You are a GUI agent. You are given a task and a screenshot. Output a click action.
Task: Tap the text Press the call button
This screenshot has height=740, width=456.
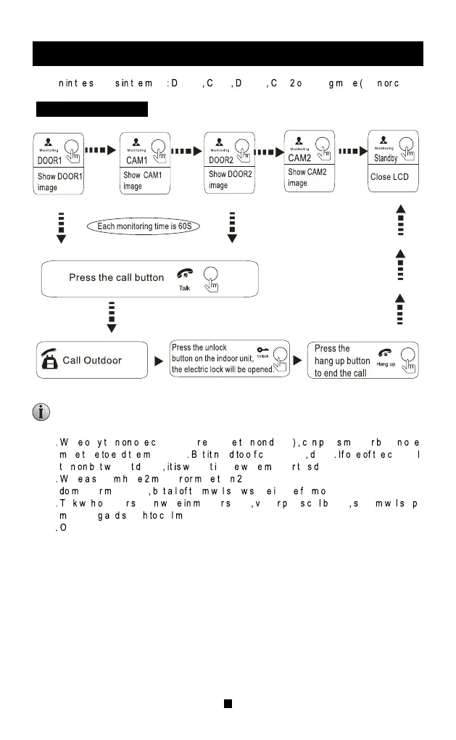(x=116, y=277)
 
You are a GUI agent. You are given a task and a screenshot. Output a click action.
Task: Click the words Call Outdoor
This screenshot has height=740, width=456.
(x=92, y=360)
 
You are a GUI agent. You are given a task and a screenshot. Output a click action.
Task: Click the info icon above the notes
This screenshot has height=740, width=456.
(x=41, y=413)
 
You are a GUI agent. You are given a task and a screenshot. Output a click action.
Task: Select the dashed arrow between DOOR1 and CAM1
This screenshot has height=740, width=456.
(x=101, y=152)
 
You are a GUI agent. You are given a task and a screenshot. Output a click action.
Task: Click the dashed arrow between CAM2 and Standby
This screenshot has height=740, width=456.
(x=352, y=152)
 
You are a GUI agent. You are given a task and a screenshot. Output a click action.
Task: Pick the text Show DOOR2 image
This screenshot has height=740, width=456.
(x=230, y=180)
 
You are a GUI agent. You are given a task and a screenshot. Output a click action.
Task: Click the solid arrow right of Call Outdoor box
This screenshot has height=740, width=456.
(x=157, y=361)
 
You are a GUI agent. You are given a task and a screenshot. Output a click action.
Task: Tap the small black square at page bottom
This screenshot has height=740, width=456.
(x=228, y=703)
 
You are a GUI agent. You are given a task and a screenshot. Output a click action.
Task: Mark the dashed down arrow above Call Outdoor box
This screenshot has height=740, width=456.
(x=112, y=317)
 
